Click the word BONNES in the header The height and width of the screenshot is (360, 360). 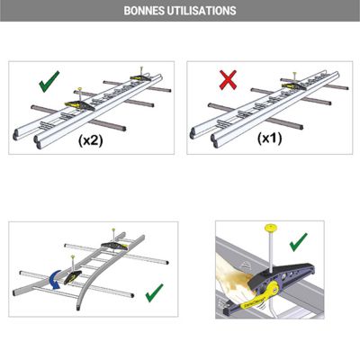coord(143,11)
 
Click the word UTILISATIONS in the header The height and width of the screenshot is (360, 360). coord(202,11)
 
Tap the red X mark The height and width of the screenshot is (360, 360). coord(228,80)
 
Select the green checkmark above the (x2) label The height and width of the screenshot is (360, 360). coord(49,81)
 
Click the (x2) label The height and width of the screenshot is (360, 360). coord(91,140)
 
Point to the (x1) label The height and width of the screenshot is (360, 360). coord(270,139)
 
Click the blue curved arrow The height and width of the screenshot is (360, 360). coord(55,280)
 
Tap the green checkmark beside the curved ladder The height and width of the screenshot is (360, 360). coord(154,292)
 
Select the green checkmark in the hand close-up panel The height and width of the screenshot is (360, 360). coord(299,242)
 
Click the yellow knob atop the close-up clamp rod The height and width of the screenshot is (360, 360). coord(271,228)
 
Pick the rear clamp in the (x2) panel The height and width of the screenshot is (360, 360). coord(141,77)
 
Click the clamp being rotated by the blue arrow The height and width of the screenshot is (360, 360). coord(73,277)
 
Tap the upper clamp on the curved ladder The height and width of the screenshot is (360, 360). coord(114,246)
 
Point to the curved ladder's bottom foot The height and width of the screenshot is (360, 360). coord(78,308)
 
